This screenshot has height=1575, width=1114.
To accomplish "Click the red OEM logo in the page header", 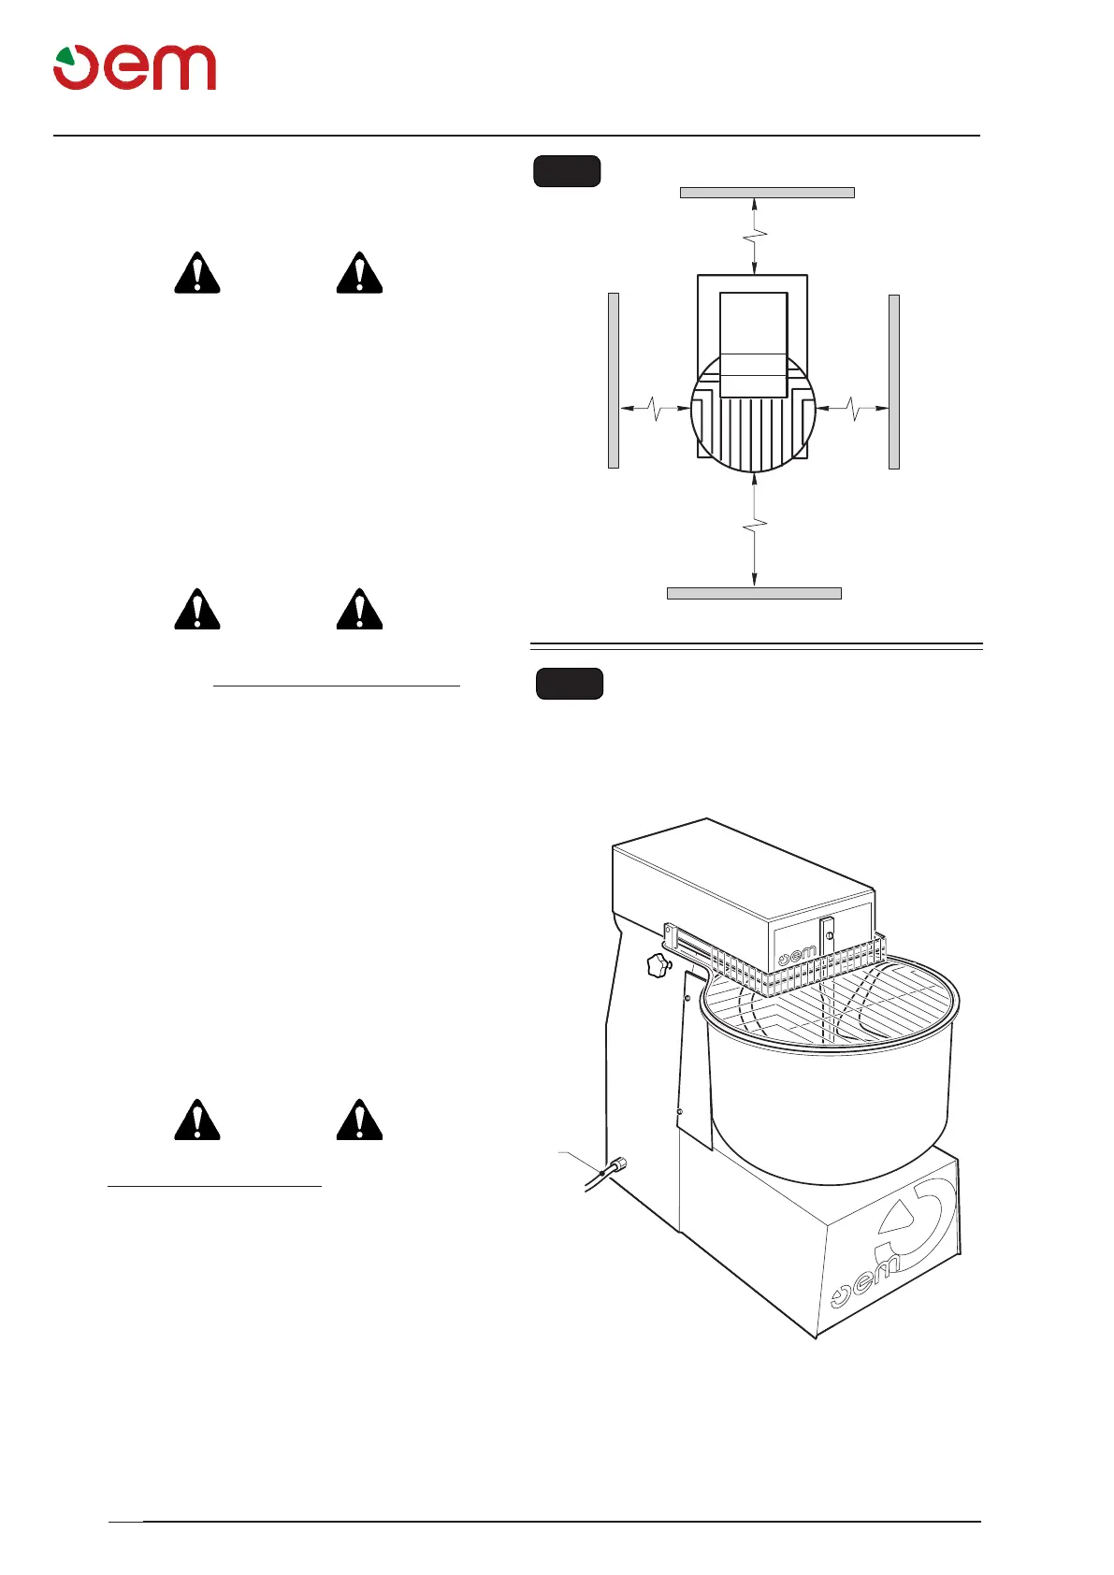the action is pyautogui.click(x=135, y=67).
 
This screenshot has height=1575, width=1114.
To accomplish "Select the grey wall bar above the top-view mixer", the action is pyautogui.click(x=767, y=193).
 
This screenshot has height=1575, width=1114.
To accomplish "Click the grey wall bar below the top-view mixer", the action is pyautogui.click(x=754, y=593).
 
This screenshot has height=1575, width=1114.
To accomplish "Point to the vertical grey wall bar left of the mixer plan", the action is pyautogui.click(x=614, y=380).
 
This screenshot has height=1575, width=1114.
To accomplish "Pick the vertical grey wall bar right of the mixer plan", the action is pyautogui.click(x=894, y=382).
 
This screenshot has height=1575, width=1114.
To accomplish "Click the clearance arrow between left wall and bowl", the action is pyautogui.click(x=655, y=409).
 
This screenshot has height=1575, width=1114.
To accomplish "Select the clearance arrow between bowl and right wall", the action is pyautogui.click(x=852, y=409).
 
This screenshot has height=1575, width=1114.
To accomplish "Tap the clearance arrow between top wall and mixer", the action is pyautogui.click(x=755, y=236).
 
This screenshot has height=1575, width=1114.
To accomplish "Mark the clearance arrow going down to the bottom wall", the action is pyautogui.click(x=755, y=528).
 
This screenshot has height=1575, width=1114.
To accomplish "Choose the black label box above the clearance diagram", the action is pyautogui.click(x=567, y=172).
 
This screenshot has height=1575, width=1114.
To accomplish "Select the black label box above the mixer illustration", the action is pyautogui.click(x=569, y=684).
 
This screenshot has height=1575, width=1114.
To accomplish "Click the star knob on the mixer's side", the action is pyautogui.click(x=658, y=966).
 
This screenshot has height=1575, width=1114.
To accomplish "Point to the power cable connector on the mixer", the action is pyautogui.click(x=615, y=1167).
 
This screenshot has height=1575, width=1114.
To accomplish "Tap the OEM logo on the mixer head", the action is pyautogui.click(x=797, y=955).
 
